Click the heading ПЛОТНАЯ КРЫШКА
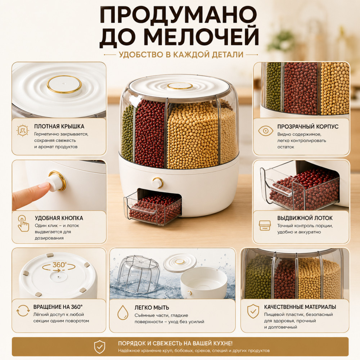pyautogui.click(x=59, y=126)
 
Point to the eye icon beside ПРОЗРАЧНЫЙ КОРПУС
pyautogui.click(x=265, y=131)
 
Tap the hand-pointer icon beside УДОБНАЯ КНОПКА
pyautogui.click(x=23, y=223)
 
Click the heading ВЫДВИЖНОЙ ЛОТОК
pyautogui.click(x=305, y=218)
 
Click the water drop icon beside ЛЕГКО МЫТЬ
pyautogui.click(x=123, y=312)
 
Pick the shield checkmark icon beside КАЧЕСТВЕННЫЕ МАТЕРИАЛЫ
pyautogui.click(x=253, y=311)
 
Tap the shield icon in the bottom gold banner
pyautogui.click(x=100, y=347)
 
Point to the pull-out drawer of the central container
pyautogui.click(x=153, y=207)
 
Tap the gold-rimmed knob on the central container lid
pyautogui.click(x=180, y=86)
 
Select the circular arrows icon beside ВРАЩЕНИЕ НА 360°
pyautogui.click(x=23, y=311)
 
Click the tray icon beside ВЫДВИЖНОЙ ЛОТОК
pyautogui.click(x=265, y=225)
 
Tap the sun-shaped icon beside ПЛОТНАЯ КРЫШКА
pyautogui.click(x=22, y=131)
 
